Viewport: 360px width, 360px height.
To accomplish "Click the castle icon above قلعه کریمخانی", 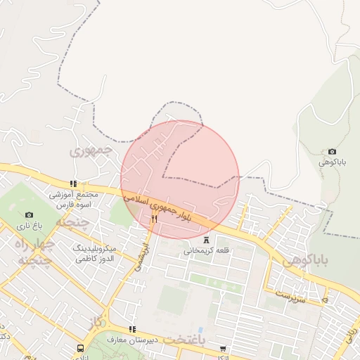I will pos(206,239).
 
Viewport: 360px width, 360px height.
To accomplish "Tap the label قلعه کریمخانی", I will pos(205,250).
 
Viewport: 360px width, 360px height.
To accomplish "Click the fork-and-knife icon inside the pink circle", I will pos(154,219).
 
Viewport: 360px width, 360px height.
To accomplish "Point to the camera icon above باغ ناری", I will pos(29,214).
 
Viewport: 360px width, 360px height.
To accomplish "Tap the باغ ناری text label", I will pos(30,226).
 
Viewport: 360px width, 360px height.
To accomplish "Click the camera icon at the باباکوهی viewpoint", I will pos(332,152).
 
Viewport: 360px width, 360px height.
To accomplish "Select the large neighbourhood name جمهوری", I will pos(92,150).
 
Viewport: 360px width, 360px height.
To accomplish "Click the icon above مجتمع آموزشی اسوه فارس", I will pos(73,184).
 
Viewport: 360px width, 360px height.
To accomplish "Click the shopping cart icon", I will pos(223,349).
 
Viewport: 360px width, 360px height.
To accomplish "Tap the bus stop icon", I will pos(81,348).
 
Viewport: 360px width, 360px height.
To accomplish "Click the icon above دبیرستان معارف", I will pos(131,329).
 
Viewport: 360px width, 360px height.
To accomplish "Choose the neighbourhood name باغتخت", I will pos(185,340).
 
